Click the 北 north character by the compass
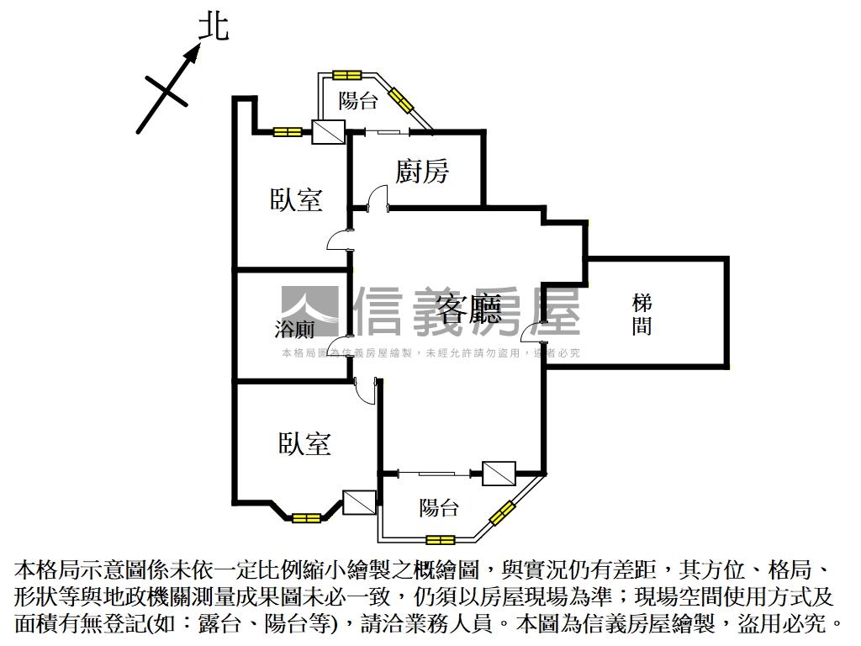tap(213, 26)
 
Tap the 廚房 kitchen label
tap(423, 172)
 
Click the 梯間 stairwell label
tap(642, 314)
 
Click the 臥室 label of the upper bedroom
tap(297, 199)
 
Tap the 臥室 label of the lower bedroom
tap(304, 443)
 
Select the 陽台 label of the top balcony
tap(358, 102)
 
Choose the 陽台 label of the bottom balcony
tap(439, 507)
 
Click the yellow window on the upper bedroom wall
tap(288, 131)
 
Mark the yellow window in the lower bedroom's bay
tap(307, 517)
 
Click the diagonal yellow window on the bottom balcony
tap(502, 512)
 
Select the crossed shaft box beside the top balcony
tap(327, 131)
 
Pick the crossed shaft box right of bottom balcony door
tap(499, 473)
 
